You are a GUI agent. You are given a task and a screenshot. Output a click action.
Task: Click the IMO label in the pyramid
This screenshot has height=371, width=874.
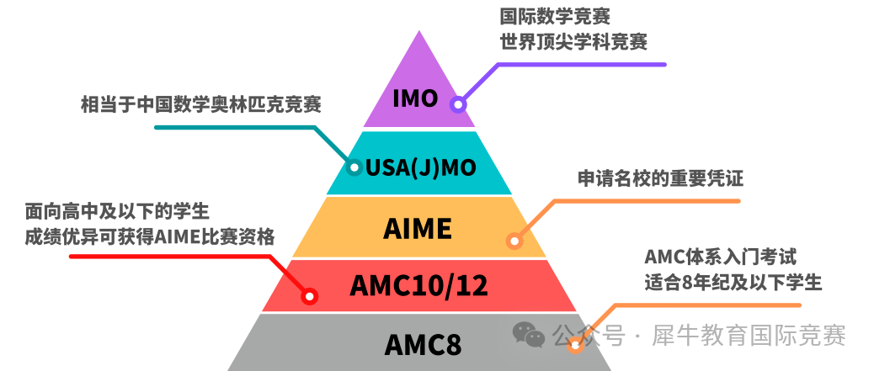416,98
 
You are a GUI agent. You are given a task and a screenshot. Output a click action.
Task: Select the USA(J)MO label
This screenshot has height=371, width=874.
421,167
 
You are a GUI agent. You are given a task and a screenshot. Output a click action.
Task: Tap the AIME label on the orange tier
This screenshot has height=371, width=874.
418,227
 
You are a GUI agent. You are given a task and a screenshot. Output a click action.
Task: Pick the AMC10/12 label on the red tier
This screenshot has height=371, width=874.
418,286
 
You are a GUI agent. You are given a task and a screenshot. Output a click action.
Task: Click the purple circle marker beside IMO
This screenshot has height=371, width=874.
457,105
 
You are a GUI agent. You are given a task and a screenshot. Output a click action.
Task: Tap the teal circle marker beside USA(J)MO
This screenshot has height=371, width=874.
354,167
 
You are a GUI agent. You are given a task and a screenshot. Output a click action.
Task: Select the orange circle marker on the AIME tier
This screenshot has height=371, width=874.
514,241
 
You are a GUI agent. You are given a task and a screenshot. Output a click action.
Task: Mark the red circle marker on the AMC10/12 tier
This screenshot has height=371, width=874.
309,296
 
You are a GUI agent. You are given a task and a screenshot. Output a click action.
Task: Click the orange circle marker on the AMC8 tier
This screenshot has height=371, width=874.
576,344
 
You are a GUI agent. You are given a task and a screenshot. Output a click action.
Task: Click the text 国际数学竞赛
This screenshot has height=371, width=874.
554,16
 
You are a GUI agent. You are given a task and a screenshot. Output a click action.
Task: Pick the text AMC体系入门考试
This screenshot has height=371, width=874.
720,255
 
